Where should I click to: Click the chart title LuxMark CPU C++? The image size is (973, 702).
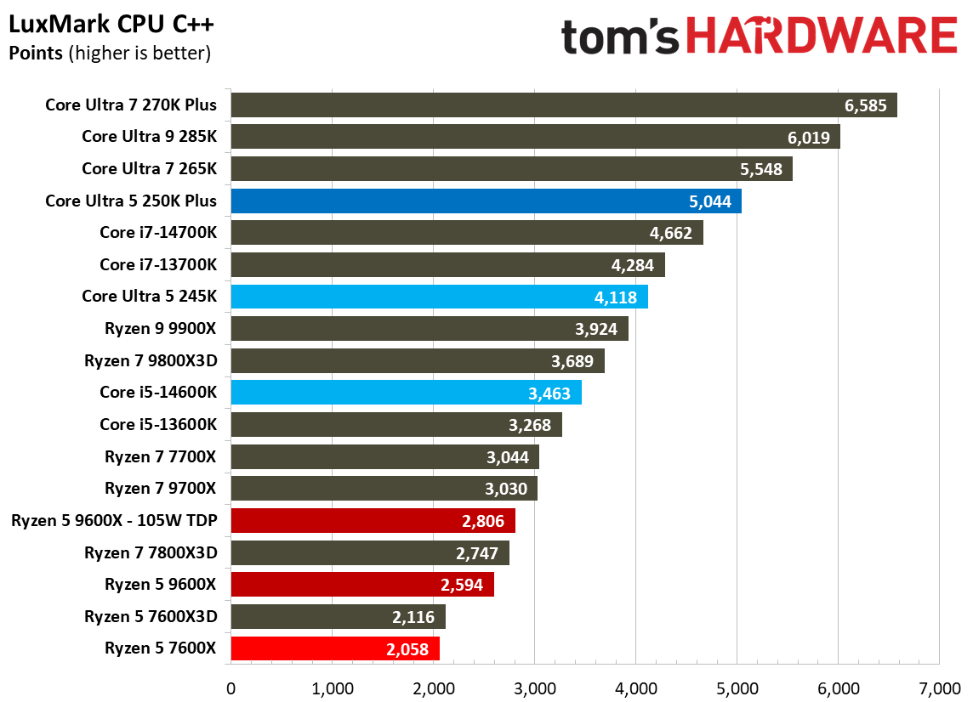111,25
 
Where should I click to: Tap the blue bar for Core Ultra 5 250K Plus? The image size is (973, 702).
485,201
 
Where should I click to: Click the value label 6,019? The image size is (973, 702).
808,138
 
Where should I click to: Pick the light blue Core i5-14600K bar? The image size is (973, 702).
405,393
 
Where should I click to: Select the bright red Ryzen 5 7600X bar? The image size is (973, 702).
334,649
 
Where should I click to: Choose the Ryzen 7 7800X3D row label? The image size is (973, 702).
151,553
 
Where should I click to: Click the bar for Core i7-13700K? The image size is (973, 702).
447,265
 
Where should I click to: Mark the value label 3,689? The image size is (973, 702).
572,361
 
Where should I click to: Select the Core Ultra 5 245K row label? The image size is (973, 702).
149,297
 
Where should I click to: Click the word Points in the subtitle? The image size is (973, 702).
35,54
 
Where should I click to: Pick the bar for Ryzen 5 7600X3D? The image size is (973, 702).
337,617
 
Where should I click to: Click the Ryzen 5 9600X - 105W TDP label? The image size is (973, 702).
114,521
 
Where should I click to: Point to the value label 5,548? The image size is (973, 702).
761,169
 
